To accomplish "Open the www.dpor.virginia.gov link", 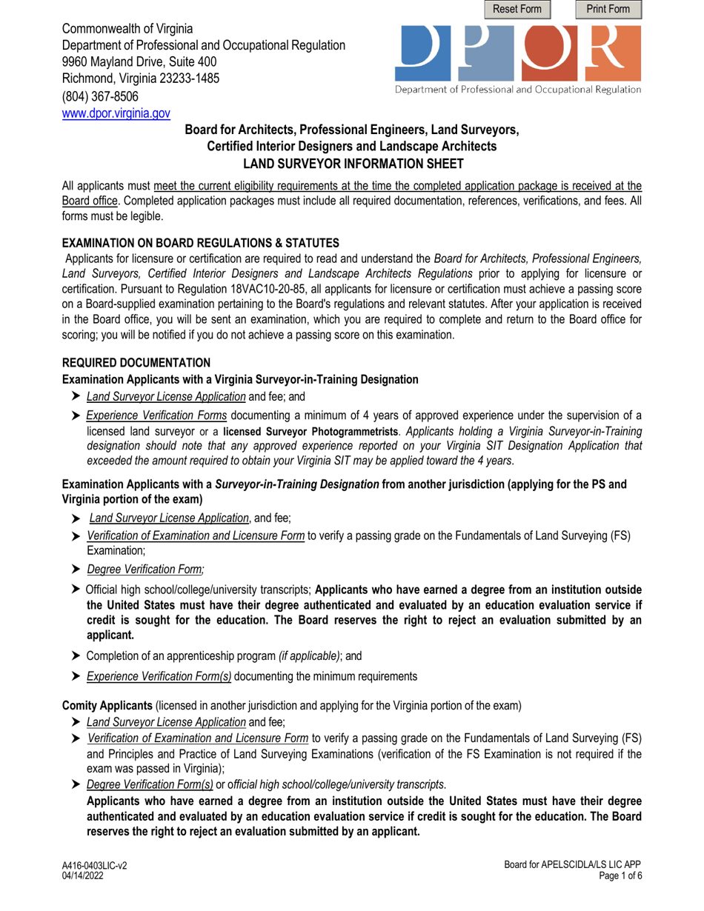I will tap(116, 114).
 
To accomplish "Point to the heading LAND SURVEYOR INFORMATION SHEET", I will tap(351, 163).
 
